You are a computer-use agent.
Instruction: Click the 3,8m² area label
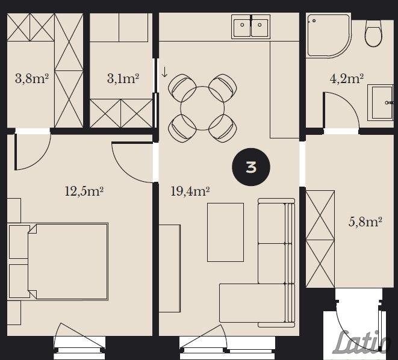pos(32,78)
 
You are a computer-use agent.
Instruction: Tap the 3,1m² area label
pos(123,78)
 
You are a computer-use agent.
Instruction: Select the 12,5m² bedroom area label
pos(84,191)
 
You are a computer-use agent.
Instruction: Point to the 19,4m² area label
pos(190,191)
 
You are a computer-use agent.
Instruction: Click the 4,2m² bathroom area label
pos(346,78)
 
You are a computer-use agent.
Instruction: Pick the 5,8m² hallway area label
pos(365,222)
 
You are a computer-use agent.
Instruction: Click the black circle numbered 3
pos(251,167)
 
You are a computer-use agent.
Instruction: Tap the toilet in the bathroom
pos(373,34)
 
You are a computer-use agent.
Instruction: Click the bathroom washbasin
pos(382,102)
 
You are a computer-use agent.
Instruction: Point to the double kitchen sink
pos(250,26)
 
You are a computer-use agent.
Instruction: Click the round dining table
pos(202,108)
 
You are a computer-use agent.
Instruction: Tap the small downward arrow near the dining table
pos(164,72)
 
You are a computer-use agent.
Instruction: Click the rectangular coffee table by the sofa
pos(225,232)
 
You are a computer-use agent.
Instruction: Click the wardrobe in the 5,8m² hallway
pos(320,239)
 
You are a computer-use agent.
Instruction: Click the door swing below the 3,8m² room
pos(33,152)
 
